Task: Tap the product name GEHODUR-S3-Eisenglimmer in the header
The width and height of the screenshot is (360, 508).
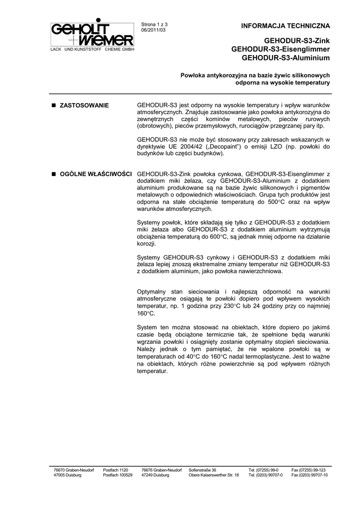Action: pos(281,50)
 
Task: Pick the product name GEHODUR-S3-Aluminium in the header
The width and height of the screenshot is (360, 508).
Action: pos(286,58)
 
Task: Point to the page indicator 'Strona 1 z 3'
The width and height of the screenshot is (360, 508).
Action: pos(155,24)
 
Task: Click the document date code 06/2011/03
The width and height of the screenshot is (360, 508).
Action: pos(154,30)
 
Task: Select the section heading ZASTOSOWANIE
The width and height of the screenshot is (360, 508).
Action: pos(84,106)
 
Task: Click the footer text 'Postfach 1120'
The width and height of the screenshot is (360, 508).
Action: pos(115,470)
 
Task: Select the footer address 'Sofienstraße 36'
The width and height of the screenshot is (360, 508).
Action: pos(203,470)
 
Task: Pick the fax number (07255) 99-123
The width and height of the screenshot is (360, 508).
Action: pos(308,470)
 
